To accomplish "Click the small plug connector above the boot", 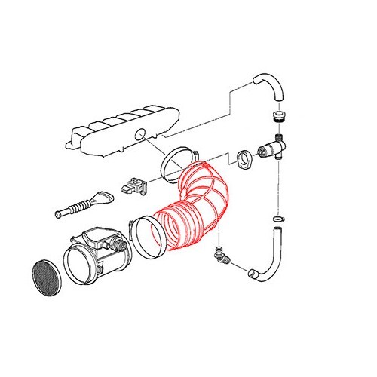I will pyautogui.click(x=133, y=184).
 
